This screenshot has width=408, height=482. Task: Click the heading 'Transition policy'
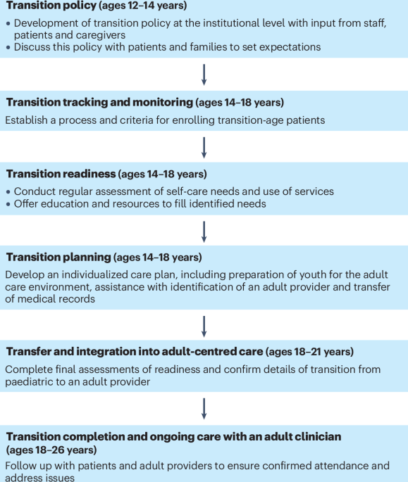[x=51, y=6]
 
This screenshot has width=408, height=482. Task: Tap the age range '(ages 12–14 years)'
[x=143, y=6]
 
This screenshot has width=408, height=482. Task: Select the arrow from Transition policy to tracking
[x=204, y=75]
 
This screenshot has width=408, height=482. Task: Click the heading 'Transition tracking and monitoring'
[x=99, y=102]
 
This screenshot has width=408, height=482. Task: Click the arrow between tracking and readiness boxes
[x=204, y=148]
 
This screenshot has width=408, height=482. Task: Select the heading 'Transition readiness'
[x=61, y=174]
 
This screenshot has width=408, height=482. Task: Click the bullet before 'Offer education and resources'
[x=8, y=204]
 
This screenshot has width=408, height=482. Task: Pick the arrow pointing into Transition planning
[x=204, y=232]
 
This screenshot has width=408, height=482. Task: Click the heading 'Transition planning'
[x=58, y=257]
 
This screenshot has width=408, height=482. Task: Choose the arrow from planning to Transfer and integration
[x=204, y=326]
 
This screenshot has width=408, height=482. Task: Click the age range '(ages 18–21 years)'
[x=310, y=351]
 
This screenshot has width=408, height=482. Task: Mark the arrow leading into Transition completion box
[x=204, y=409]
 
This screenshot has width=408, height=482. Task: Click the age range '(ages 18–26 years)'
[x=51, y=450]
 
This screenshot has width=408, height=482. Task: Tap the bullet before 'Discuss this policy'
[x=8, y=47]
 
